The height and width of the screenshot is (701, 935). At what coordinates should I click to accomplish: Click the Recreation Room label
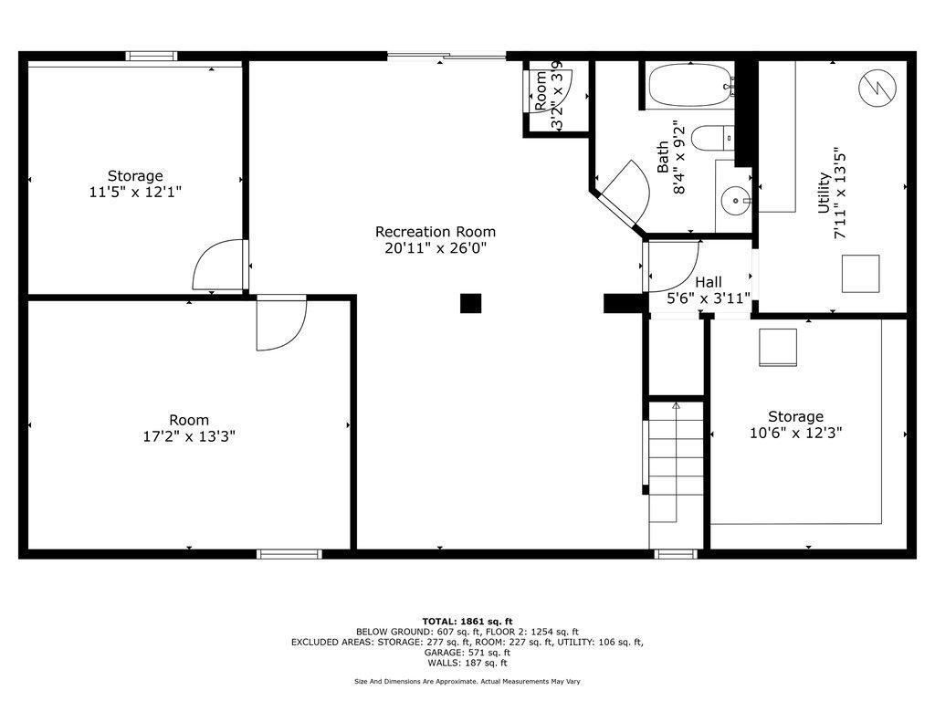click(436, 240)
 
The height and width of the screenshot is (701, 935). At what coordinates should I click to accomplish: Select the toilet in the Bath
click(712, 138)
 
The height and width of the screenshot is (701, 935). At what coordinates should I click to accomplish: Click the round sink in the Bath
click(735, 200)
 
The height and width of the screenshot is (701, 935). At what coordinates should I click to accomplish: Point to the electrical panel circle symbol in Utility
click(877, 88)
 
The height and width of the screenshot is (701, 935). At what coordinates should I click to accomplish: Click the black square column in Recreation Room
click(470, 303)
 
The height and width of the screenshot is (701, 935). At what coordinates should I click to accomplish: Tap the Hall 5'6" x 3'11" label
click(708, 289)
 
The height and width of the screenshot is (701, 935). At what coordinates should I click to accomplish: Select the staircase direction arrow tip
click(676, 404)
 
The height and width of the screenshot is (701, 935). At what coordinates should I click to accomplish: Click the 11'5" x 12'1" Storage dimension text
click(135, 192)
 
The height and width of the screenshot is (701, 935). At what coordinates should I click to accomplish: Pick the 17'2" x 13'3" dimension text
click(189, 436)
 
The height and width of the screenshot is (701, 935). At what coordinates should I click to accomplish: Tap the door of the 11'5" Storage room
click(219, 265)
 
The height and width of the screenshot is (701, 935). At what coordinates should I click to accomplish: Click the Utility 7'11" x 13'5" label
click(831, 193)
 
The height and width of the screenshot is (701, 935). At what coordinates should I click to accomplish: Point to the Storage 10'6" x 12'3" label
click(795, 424)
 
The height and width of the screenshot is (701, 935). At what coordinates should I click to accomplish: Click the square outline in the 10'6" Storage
click(778, 348)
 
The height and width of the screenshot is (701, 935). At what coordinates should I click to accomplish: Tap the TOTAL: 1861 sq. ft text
click(467, 621)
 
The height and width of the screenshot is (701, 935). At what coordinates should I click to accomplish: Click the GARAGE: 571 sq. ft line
click(467, 653)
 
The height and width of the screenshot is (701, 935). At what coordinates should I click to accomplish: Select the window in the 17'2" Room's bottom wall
click(289, 554)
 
